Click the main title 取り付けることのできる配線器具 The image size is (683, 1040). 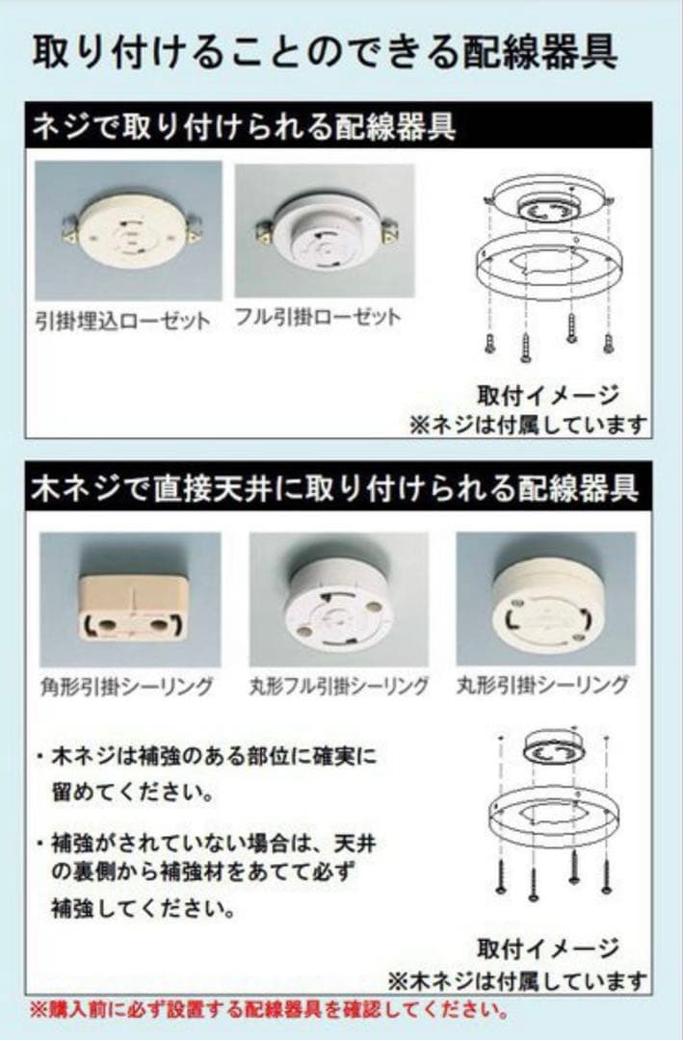coord(325,52)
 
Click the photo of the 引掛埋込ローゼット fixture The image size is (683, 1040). coord(128,230)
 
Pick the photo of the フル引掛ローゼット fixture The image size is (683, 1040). coord(325,231)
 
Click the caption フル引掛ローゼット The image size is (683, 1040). coord(318,317)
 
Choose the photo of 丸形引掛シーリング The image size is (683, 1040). coord(546,600)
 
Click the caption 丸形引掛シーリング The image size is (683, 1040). coord(542,686)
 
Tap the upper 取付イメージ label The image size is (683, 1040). coord(547,395)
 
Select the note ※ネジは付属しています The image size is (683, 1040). coord(528,424)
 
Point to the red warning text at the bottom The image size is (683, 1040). coord(269,1011)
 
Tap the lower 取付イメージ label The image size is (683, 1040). coord(547,949)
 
